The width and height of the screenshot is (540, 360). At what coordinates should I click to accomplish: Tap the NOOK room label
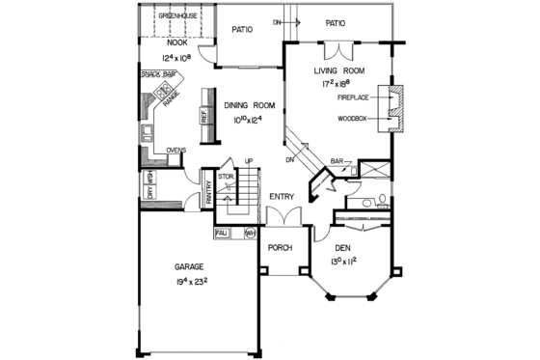click(176, 42)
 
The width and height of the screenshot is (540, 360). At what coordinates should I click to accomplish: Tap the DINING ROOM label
click(250, 105)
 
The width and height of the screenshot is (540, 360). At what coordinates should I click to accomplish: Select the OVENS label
click(175, 151)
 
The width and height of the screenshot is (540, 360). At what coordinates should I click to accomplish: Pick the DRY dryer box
click(149, 195)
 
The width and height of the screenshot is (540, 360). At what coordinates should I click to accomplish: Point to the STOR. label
click(226, 177)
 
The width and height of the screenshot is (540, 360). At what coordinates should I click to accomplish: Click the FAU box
click(221, 233)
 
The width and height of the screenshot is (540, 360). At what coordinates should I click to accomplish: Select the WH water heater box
click(249, 233)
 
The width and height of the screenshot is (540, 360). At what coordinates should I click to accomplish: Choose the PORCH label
click(280, 247)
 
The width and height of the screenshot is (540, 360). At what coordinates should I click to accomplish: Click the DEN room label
click(344, 247)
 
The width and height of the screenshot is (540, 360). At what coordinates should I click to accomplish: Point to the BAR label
click(337, 161)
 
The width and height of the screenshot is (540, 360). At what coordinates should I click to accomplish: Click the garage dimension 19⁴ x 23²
click(193, 282)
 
